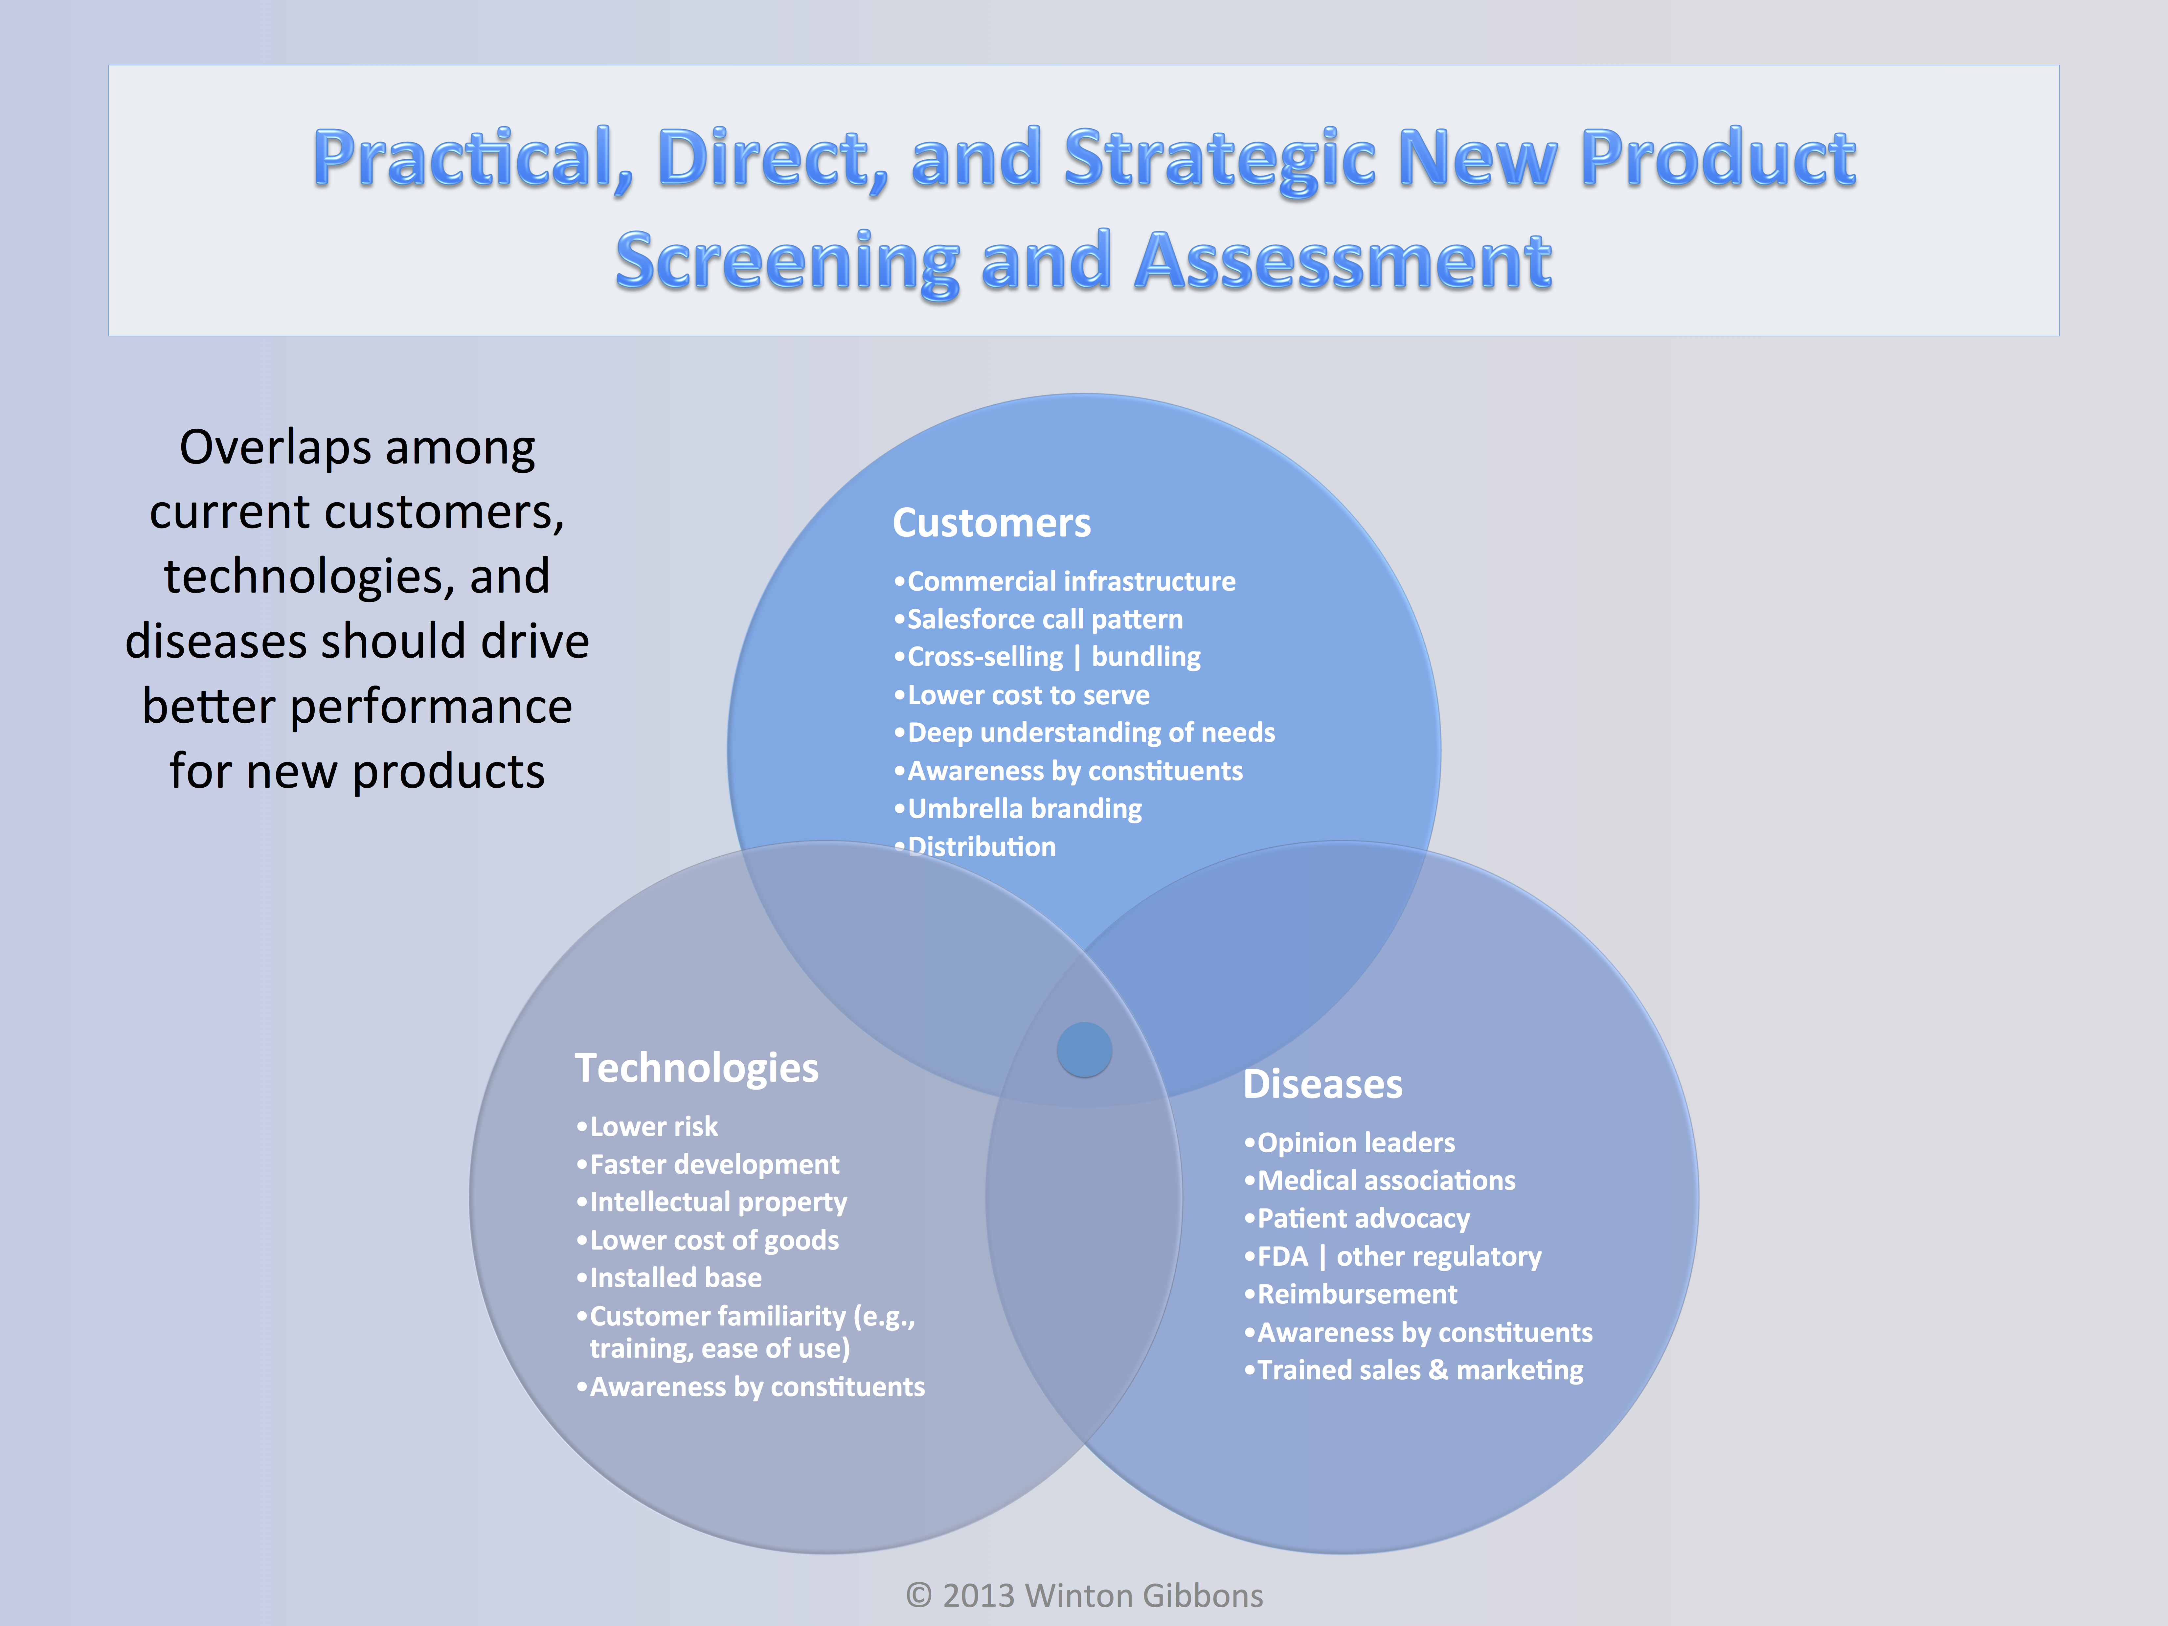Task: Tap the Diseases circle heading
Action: [1323, 1084]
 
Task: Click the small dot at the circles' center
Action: [1084, 1050]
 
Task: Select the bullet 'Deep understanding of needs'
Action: [1084, 733]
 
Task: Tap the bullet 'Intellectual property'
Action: [711, 1203]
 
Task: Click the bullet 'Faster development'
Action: [708, 1164]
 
